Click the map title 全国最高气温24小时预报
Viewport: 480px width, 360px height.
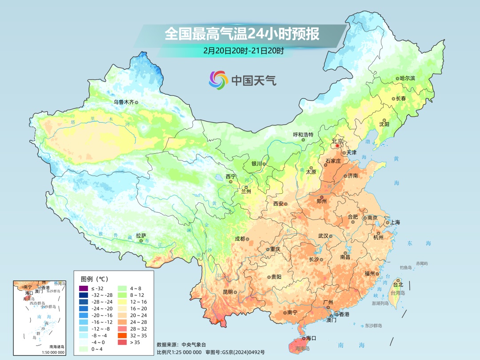click(x=242, y=34)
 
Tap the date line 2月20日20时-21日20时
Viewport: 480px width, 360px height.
click(x=243, y=50)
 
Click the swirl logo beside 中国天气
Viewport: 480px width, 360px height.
click(x=218, y=80)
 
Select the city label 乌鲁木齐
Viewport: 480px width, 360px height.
click(x=123, y=102)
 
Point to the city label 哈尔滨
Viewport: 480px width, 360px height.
click(x=407, y=78)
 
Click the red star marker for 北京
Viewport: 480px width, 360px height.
click(x=337, y=146)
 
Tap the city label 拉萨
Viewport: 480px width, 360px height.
click(x=141, y=236)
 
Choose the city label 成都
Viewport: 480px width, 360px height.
click(x=240, y=239)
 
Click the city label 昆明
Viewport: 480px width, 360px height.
click(x=228, y=292)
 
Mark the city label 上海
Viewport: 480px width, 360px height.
click(x=395, y=223)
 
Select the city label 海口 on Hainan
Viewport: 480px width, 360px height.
click(x=311, y=338)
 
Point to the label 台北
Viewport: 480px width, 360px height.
click(x=398, y=284)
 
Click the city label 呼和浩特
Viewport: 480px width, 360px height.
click(x=303, y=135)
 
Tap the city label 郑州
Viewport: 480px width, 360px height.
click(x=321, y=201)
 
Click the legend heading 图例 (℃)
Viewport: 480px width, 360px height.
click(x=95, y=279)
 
